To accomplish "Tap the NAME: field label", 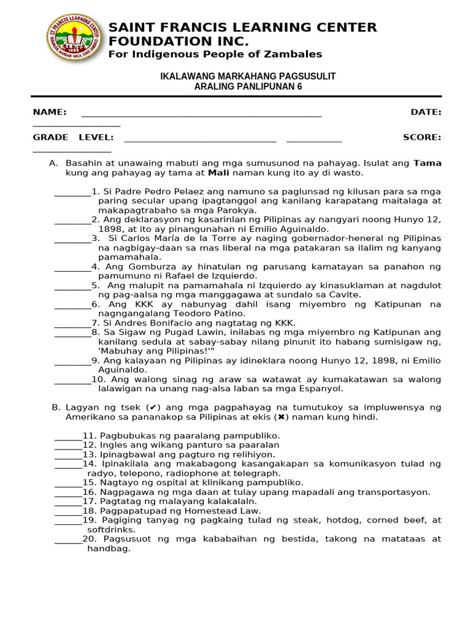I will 50,112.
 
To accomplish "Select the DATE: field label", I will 426,112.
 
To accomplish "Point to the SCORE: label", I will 422,137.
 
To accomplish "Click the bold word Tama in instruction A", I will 427,163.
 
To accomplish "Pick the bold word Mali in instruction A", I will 219,173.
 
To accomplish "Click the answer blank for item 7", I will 72,324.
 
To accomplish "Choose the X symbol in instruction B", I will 281,417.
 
